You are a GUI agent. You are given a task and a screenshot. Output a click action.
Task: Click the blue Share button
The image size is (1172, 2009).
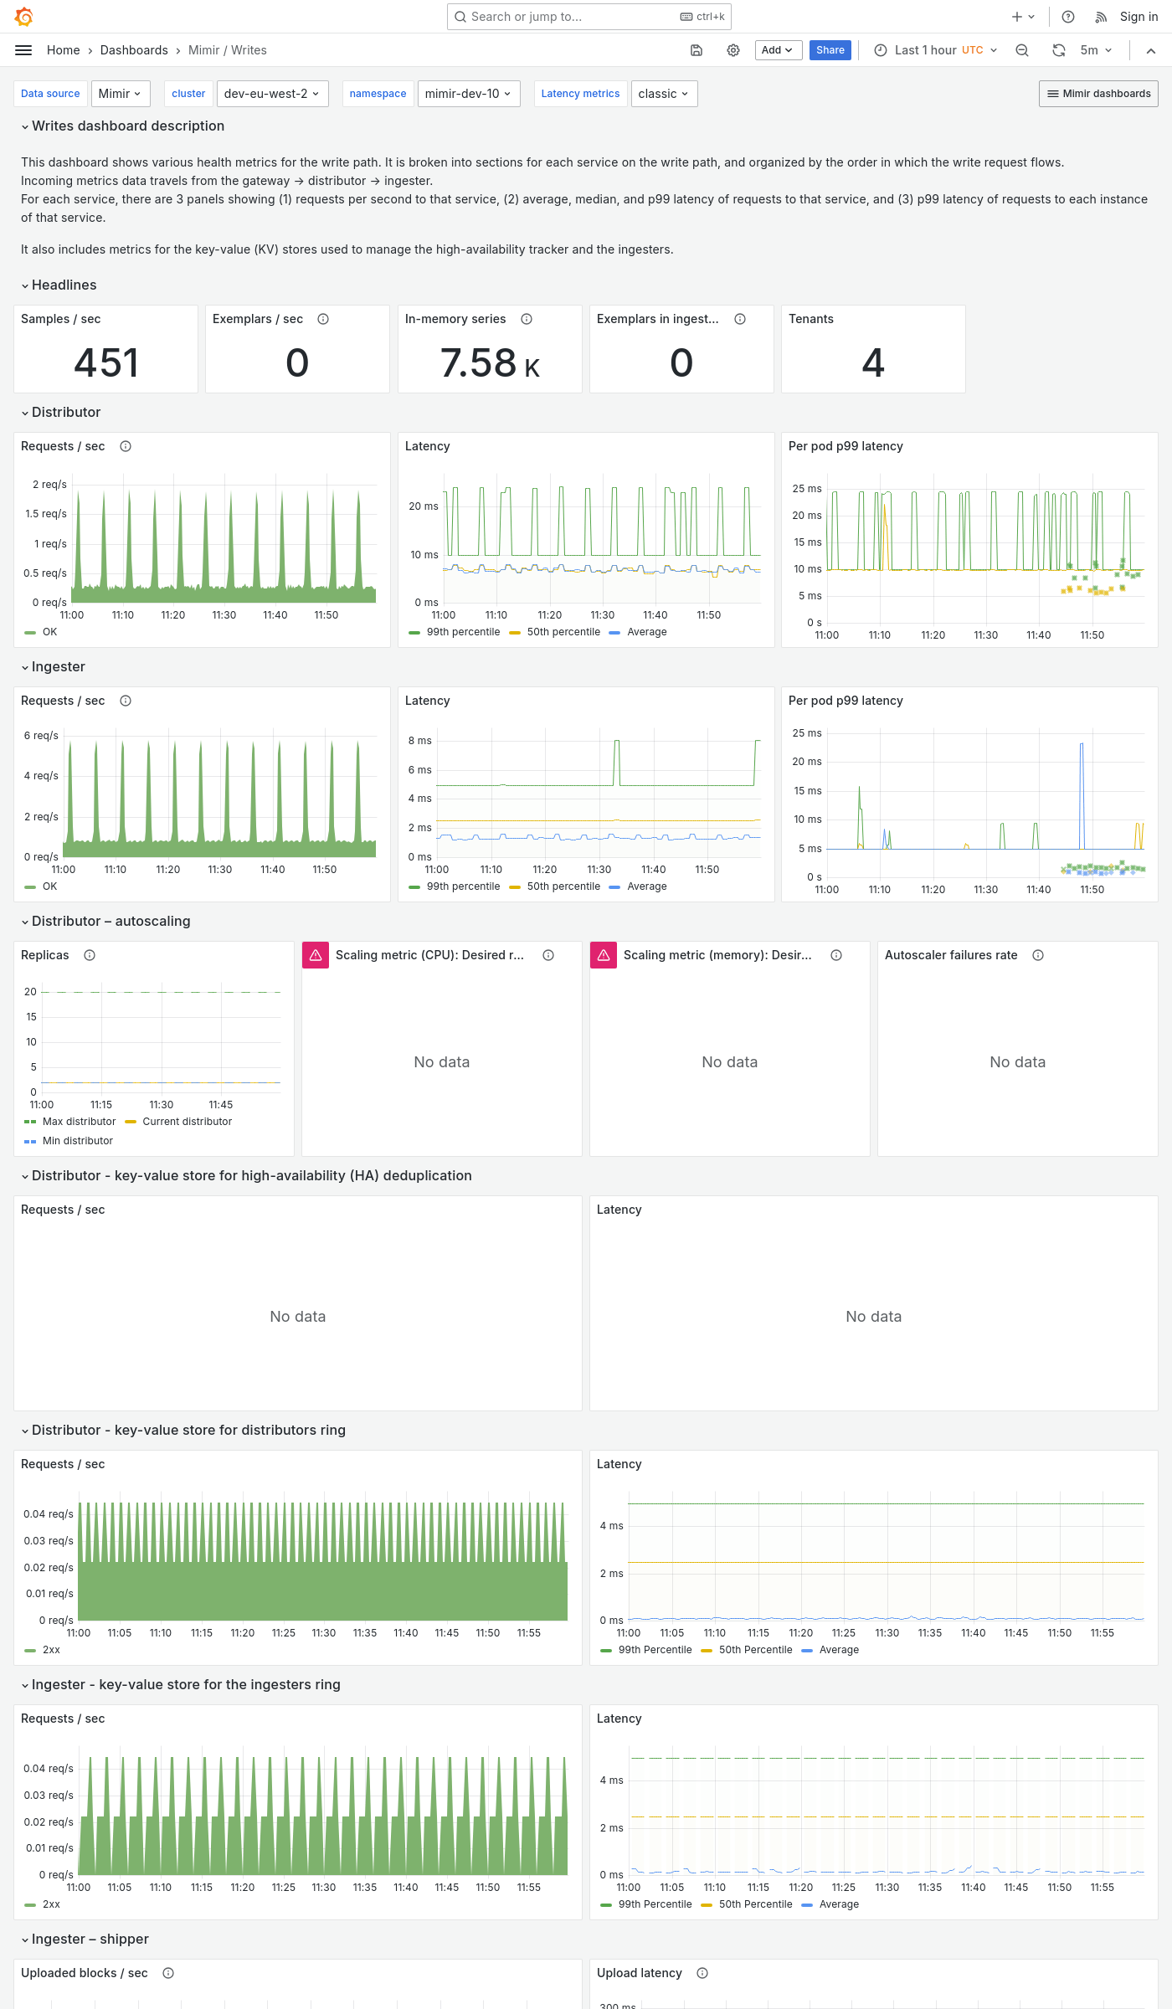[830, 50]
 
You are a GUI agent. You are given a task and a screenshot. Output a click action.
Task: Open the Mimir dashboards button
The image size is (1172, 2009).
[1098, 94]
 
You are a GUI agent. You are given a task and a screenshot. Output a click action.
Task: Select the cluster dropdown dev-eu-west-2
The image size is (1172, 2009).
[272, 94]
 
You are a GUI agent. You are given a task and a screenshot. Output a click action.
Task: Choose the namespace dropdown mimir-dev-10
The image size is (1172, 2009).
[468, 94]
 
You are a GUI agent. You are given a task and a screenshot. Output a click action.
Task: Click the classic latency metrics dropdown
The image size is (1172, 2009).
[663, 94]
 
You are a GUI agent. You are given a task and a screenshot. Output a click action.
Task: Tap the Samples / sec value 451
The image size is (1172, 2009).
[106, 362]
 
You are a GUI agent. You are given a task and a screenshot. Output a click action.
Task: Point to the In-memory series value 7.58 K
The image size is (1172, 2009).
[490, 362]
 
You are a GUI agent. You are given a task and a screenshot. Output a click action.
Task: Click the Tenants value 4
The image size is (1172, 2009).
[873, 362]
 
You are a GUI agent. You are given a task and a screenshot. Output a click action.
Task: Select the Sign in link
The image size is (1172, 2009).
[1139, 17]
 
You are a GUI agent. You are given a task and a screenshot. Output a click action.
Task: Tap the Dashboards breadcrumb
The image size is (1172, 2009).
[134, 50]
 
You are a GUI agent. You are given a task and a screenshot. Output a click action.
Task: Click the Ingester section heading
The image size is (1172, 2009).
[59, 666]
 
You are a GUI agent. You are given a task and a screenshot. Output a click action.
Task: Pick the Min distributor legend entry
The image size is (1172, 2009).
[77, 1141]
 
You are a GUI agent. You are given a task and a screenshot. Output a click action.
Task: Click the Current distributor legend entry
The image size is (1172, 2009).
[187, 1122]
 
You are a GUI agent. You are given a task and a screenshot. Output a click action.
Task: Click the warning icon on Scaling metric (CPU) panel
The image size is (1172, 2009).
[316, 955]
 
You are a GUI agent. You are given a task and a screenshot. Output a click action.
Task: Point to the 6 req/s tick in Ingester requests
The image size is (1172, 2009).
[41, 736]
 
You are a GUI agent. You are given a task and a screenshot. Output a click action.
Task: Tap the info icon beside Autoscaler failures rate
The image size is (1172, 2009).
[1038, 955]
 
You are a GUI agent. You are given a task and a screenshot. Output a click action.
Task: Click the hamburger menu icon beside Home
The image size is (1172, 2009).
[23, 50]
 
